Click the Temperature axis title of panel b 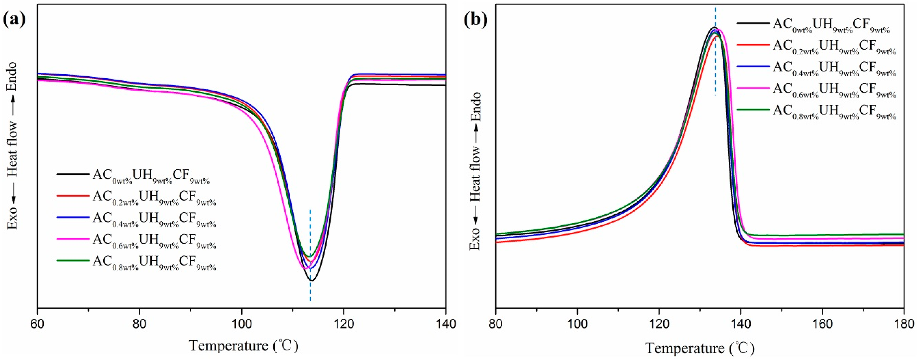(x=699, y=348)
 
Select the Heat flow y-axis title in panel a (x=12, y=146)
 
